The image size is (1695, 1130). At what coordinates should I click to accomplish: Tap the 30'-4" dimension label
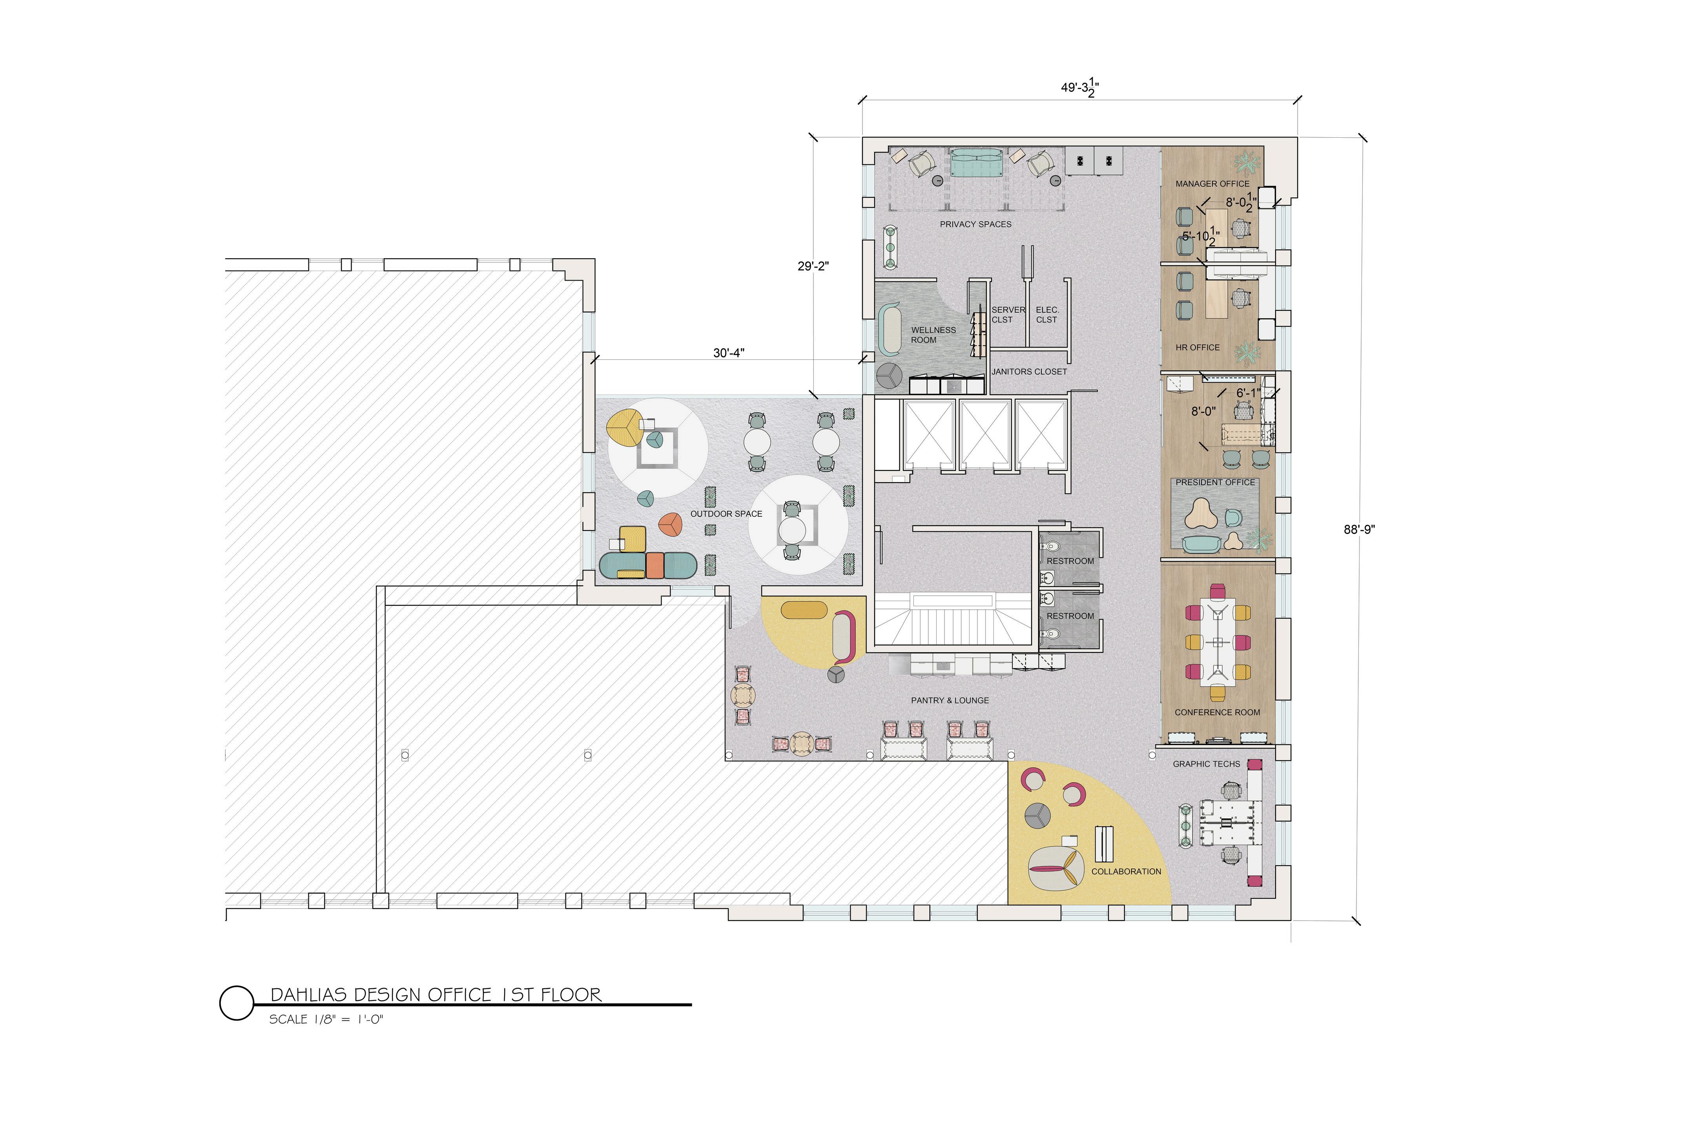pyautogui.click(x=729, y=353)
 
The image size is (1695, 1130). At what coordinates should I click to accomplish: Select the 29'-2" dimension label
pyautogui.click(x=813, y=266)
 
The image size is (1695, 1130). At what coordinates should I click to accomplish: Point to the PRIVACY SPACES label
pyautogui.click(x=975, y=224)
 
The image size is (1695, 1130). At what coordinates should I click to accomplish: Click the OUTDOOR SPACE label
pyautogui.click(x=726, y=514)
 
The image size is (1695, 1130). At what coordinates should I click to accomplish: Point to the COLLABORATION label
pyautogui.click(x=1126, y=872)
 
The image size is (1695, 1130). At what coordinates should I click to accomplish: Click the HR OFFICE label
pyautogui.click(x=1198, y=347)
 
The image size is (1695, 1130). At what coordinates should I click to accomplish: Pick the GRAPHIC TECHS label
pyautogui.click(x=1207, y=764)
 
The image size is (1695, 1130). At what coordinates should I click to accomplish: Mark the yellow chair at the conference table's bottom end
pyautogui.click(x=1217, y=693)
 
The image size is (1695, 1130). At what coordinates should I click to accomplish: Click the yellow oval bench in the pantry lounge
pyautogui.click(x=804, y=610)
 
